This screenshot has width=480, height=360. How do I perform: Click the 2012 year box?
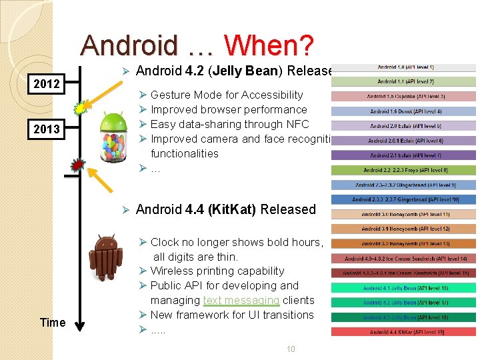click(x=47, y=84)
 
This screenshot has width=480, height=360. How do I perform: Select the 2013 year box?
click(x=47, y=129)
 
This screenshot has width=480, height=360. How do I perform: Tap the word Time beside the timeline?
click(x=53, y=323)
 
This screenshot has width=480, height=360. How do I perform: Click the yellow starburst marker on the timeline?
click(x=81, y=107)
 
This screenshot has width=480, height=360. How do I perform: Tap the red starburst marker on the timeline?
click(x=78, y=164)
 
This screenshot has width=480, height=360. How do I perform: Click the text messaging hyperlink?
click(x=241, y=300)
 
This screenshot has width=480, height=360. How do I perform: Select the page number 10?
click(x=290, y=349)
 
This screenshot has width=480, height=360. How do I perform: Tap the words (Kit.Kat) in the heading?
click(x=232, y=209)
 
